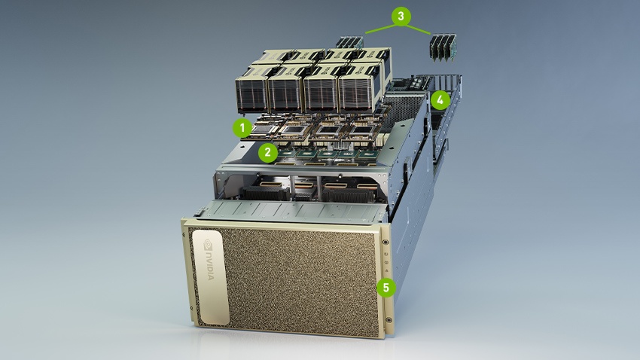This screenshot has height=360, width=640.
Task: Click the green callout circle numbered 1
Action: [x=242, y=127]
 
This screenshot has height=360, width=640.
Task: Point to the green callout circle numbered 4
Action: [x=440, y=99]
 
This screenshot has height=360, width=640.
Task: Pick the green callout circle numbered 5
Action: [x=386, y=287]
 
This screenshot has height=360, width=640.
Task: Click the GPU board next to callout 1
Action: [x=267, y=127]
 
